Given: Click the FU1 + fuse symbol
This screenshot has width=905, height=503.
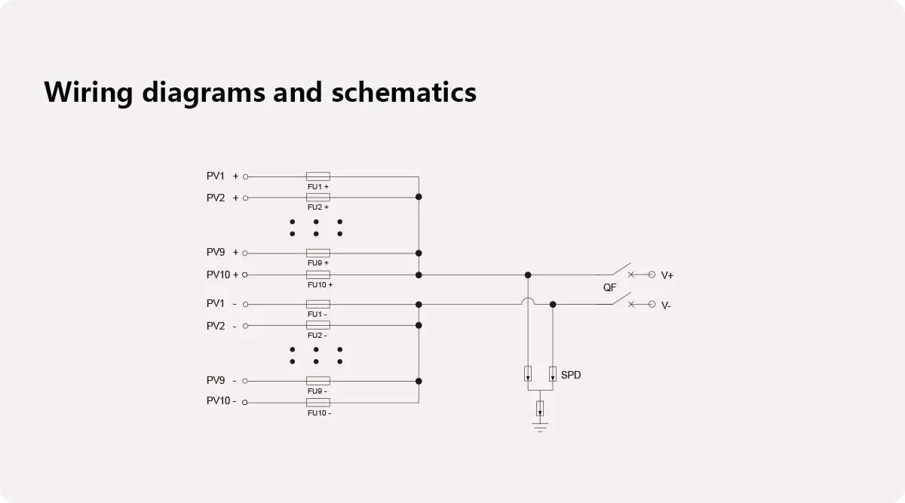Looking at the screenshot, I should coord(318,176).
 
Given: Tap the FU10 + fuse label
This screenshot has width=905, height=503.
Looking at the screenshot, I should coord(320,285).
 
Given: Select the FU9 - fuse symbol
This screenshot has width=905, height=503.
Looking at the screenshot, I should coord(318,381).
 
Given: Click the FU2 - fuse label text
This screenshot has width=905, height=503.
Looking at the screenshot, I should coord(317,335).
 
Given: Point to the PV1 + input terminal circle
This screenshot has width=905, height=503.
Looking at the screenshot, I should coord(245,176).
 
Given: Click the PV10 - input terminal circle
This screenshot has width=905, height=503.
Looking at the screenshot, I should coord(245,402).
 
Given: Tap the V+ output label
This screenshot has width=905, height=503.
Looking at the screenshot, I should coord(667,276).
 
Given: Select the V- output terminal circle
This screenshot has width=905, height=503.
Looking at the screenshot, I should coord(652,304).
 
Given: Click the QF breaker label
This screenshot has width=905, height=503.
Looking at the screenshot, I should coord(609,288).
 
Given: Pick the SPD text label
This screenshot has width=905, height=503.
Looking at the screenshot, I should coord(571,375).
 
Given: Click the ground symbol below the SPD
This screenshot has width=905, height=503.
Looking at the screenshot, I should coord(540,427).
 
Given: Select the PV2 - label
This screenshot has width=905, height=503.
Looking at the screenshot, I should coord(222,326).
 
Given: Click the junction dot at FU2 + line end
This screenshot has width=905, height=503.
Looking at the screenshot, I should coord(419,197).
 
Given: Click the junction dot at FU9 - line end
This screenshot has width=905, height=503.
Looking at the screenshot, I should coord(419,381).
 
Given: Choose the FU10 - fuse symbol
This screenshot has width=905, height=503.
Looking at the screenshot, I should coord(318,402).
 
